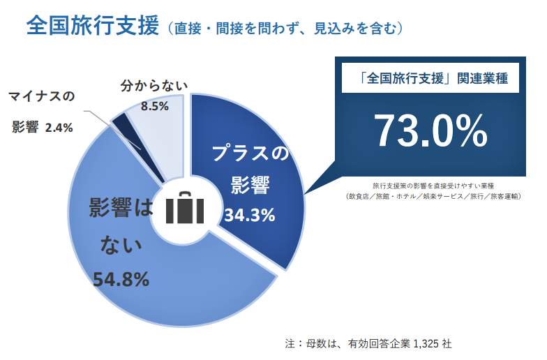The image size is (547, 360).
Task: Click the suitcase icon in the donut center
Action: click(185, 207)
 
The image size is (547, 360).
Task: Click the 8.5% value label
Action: click(155, 106)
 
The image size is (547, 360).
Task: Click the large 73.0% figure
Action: click(430, 130)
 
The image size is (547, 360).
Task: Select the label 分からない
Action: click(154, 87)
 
